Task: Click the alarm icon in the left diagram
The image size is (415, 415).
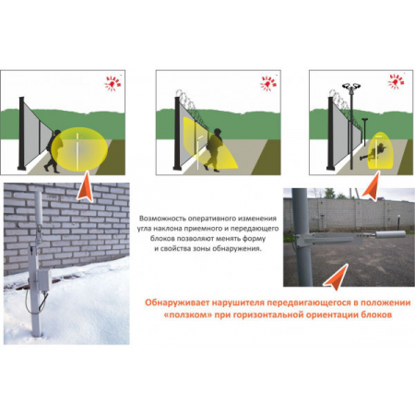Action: pos(113,83)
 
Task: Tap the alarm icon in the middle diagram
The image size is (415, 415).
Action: pos(268,83)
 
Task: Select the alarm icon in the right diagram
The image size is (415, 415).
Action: pos(397,81)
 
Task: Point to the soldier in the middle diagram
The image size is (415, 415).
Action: pos(215,149)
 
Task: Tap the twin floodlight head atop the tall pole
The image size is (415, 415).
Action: pos(351,86)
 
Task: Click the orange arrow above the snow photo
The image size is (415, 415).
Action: pos(86,186)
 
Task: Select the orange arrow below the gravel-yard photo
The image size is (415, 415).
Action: pos(337,278)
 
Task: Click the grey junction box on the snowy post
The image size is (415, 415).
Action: pos(44,279)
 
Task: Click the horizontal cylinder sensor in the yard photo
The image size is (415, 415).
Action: pos(390,234)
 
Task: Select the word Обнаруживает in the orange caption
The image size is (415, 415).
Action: pos(174,302)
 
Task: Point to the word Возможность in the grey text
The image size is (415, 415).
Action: pos(162,219)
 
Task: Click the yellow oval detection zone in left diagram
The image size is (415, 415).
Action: pos(79,148)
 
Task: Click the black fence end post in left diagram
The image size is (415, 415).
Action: pos(21,134)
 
